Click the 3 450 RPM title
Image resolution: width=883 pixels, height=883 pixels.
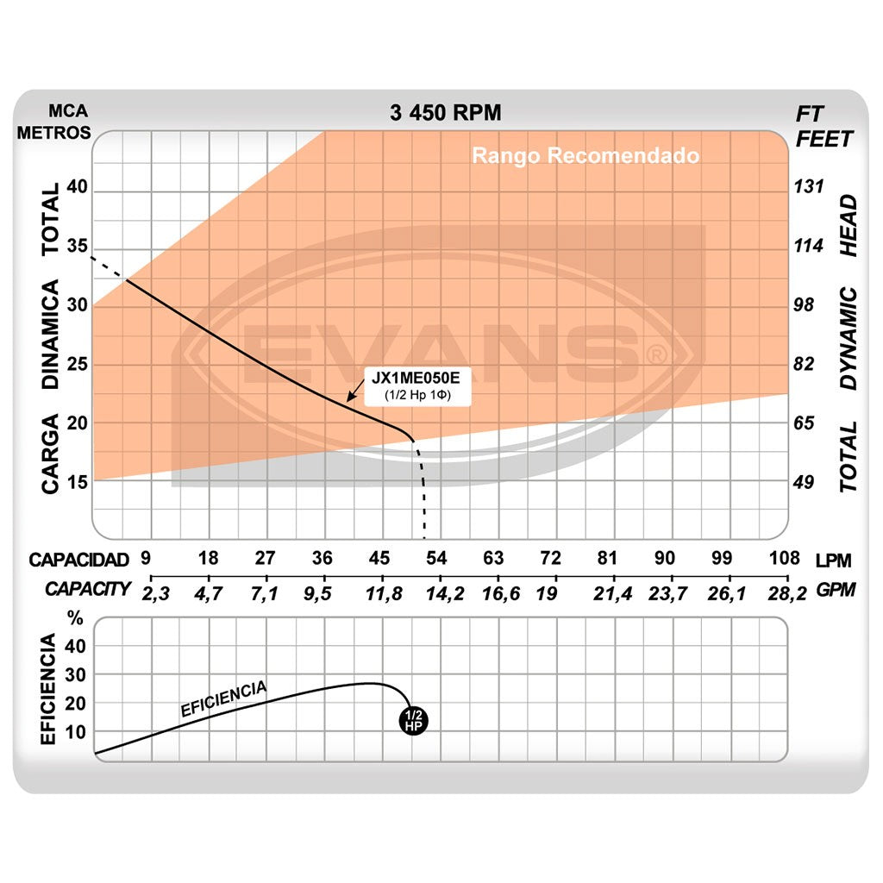point(445,113)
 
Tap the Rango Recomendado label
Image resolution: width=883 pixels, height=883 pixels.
point(586,156)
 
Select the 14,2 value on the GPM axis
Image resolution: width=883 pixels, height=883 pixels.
point(438,592)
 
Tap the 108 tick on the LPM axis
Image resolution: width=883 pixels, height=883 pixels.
point(784,558)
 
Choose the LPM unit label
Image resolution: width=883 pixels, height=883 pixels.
point(833,560)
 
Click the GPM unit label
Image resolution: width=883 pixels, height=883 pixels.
point(834,592)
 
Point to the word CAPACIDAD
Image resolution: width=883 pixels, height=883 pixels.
point(78,559)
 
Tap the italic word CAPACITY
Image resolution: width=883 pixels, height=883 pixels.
point(88,590)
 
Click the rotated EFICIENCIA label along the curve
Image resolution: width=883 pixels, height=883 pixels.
point(223,699)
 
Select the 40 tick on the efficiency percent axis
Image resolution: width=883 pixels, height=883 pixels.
point(76,647)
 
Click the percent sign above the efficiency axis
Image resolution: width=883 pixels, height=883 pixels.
point(76,618)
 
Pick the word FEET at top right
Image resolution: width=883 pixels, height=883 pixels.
point(824,139)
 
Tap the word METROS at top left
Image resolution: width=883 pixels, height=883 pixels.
point(53,132)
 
